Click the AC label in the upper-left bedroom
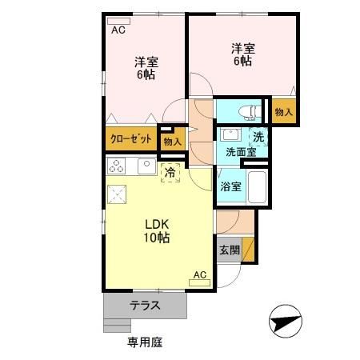tap(118, 30)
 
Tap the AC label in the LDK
tap(200, 274)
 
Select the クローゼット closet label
tap(130, 138)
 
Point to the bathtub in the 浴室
tap(256, 189)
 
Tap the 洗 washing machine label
tap(258, 136)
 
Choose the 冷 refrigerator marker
tap(170, 170)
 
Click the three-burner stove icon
tap(117, 166)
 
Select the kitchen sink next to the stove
tap(146, 166)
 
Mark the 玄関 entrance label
tap(230, 250)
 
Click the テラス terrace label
tap(146, 304)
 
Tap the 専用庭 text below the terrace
tap(144, 342)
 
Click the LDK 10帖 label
tap(156, 230)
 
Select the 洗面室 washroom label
tap(240, 151)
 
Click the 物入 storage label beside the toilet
tap(283, 112)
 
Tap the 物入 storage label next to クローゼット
tap(172, 141)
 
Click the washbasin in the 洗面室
tap(233, 134)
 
